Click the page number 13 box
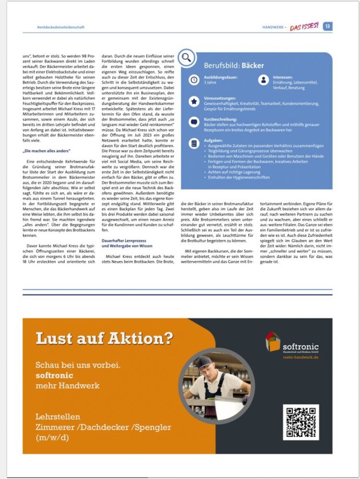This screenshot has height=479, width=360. pyautogui.click(x=327, y=26)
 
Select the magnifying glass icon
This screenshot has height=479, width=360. pyautogui.click(x=186, y=57)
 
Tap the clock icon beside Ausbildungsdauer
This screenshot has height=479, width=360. pyautogui.click(x=194, y=80)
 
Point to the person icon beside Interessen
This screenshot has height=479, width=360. pyautogui.click(x=263, y=80)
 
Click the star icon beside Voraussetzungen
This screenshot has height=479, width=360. pyautogui.click(x=194, y=101)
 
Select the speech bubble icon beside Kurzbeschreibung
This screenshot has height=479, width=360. pyautogui.click(x=194, y=122)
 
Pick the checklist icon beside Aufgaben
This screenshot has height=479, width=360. pyautogui.click(x=194, y=143)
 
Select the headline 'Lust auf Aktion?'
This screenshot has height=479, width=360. pyautogui.click(x=104, y=339)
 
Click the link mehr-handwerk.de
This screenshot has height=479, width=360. pyautogui.click(x=301, y=357)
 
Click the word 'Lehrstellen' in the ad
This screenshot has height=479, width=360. pyautogui.click(x=58, y=416)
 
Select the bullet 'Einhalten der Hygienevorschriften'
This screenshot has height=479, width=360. pyautogui.click(x=238, y=177)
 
